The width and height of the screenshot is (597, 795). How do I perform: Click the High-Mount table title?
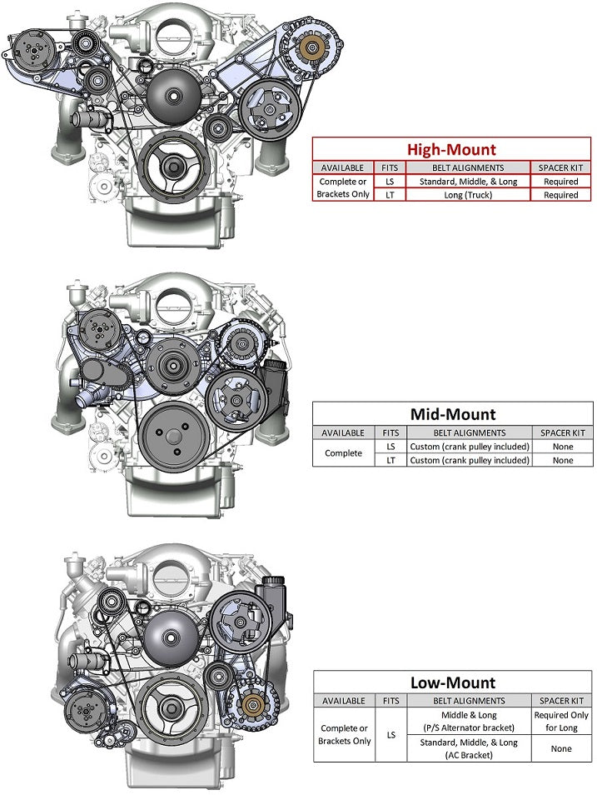(x=450, y=150)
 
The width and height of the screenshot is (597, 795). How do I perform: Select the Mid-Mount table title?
(x=452, y=414)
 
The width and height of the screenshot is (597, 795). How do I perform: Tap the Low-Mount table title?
(x=452, y=683)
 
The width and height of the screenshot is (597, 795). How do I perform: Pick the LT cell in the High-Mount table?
(x=390, y=195)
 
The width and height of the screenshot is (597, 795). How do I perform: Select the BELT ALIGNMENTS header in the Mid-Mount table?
(x=469, y=432)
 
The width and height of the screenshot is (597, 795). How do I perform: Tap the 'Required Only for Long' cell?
(x=561, y=721)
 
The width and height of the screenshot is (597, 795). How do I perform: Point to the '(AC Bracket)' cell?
(x=469, y=755)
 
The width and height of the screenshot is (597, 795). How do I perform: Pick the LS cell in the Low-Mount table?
(x=391, y=735)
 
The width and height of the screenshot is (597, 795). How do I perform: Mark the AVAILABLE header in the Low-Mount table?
(x=344, y=701)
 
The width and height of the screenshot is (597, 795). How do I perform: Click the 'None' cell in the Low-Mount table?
(x=561, y=748)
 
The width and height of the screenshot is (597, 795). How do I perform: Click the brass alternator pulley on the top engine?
(x=315, y=47)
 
